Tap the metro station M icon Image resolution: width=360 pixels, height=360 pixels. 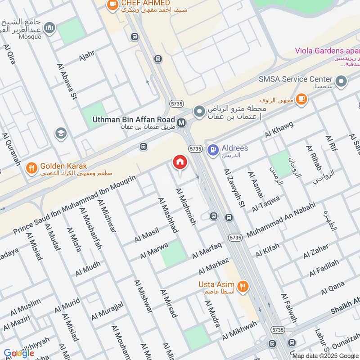(182, 122)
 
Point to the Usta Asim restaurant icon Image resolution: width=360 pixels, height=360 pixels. (243, 285)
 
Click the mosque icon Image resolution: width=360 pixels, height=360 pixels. (50, 28)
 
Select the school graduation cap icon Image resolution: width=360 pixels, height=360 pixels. (60, 133)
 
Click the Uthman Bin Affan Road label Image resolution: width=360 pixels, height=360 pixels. (133, 120)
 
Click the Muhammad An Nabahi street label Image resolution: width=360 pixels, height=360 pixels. (281, 221)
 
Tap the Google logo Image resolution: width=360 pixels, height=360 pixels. (19, 353)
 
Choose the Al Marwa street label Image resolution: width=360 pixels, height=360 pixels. (153, 251)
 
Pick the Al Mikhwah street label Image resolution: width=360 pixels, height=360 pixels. (239, 331)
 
